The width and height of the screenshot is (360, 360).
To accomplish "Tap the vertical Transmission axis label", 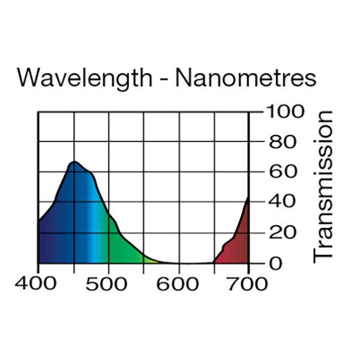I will coord(323,186).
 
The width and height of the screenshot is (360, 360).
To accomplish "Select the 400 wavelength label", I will coord(38,284).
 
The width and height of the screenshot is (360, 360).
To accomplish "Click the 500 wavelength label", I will coord(108,284).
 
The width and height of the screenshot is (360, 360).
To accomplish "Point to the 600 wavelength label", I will coord(178,284).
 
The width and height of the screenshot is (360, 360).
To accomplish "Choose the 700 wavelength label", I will coord(248,284).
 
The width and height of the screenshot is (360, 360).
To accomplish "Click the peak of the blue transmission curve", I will coord(74,162).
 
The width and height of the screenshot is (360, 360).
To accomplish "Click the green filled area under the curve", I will coord(123,246).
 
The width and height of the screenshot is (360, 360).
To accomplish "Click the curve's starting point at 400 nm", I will coord(39,222).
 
